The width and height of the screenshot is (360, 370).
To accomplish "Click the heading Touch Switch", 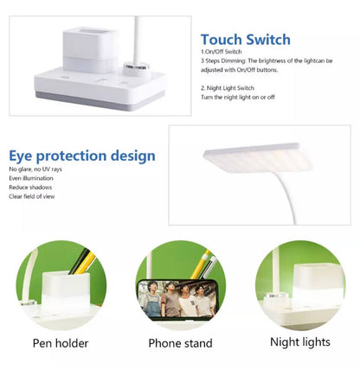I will point(245,40).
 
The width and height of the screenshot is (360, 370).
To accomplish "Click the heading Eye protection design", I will point(82,156).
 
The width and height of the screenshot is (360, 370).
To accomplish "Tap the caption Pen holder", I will point(61,342).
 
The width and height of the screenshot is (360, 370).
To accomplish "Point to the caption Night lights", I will point(299,342).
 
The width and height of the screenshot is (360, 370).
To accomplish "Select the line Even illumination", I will point(32,179).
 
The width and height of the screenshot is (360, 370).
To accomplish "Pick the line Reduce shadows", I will point(30,188).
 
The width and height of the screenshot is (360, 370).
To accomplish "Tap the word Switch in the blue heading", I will point(267,40).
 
